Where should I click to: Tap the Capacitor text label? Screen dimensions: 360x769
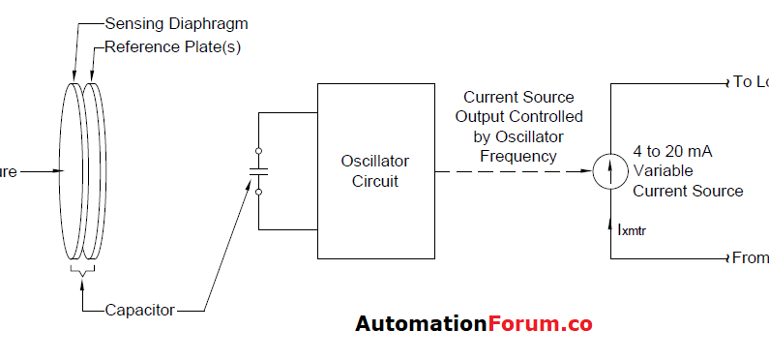[x=141, y=310]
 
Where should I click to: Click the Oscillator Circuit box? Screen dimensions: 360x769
[x=375, y=170]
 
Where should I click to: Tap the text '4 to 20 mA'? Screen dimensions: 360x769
[x=673, y=151]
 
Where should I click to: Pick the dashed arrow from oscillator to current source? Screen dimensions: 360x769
[x=513, y=171]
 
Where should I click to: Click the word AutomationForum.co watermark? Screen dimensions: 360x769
[x=473, y=323]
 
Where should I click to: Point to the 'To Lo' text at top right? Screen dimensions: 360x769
[x=750, y=82]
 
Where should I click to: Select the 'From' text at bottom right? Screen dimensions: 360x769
[x=750, y=258]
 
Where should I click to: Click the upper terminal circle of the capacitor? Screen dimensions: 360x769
[x=258, y=151]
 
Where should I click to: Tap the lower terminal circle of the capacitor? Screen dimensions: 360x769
[x=258, y=192]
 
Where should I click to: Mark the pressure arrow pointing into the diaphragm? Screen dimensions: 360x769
[x=39, y=171]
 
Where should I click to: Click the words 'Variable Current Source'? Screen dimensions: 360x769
[x=688, y=181]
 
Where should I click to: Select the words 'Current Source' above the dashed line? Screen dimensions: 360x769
[x=518, y=98]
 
